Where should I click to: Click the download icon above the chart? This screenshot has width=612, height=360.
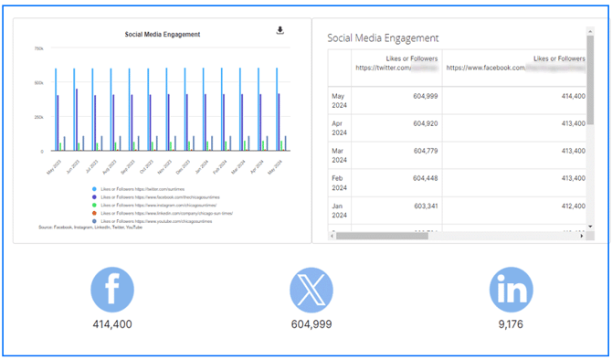point(280,30)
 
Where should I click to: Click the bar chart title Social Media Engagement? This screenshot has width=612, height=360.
point(163,35)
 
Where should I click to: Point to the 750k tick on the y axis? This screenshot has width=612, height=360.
point(38,48)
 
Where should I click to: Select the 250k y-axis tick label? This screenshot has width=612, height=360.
point(38,117)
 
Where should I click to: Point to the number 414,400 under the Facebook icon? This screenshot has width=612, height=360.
point(112,324)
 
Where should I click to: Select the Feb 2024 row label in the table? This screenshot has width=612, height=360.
point(339,183)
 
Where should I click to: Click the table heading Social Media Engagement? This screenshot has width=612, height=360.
point(383,37)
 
